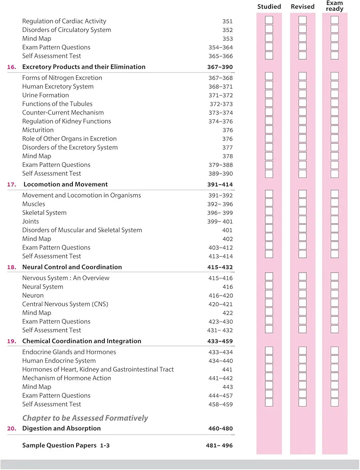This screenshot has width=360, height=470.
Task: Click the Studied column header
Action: pos(269,7)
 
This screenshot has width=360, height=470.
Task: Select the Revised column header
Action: pos(302,7)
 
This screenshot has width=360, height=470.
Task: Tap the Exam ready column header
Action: pos(335,6)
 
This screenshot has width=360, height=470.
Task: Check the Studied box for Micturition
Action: pos(269,130)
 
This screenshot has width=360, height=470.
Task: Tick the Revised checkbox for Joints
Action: pos(302,221)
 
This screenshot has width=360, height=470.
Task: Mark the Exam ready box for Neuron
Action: pos(335,296)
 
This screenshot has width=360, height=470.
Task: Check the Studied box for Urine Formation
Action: pos(269,95)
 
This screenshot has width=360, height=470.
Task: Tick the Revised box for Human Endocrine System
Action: pos(302,361)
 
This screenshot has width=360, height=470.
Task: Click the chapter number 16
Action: pos(12,67)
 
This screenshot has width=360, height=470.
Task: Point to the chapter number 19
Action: pos(12,341)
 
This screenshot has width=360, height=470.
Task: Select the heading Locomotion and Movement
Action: pos(65,185)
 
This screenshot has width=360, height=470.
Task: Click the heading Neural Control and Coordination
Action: pos(72,267)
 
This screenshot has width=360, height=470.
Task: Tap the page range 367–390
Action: pos(220,67)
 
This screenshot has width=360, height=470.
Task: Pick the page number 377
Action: pos(227,148)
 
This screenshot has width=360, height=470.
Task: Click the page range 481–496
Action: pos(219,446)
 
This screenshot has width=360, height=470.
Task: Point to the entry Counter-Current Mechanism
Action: pos(63,113)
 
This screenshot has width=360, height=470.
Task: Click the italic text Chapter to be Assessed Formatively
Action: pos(85,418)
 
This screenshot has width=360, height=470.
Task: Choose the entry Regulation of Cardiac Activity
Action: pos(64,21)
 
